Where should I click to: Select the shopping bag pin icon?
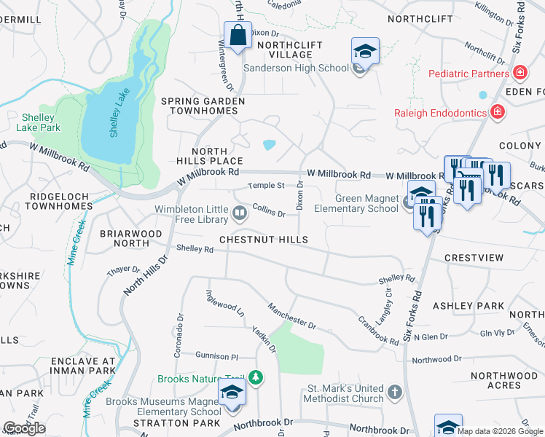tap(238, 36)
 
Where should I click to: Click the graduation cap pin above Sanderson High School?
tap(365, 52)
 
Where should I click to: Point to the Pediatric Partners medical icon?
tap(519, 73)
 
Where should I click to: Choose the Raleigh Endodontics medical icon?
tap(497, 112)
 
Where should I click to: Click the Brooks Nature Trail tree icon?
tap(255, 378)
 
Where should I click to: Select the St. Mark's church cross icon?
tap(394, 393)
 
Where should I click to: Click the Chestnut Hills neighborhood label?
tap(264, 240)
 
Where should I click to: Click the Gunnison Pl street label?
tap(216, 356)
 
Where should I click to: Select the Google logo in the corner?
tap(24, 428)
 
